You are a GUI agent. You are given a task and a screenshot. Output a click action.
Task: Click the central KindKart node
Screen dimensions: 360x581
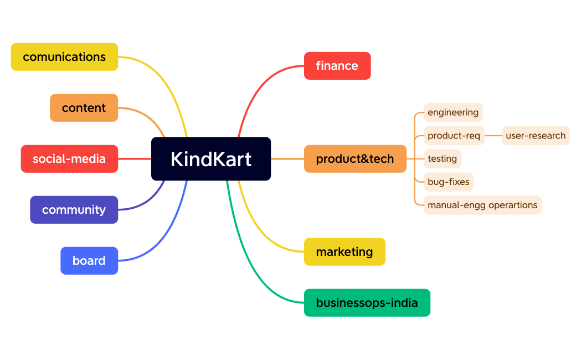tap(211, 159)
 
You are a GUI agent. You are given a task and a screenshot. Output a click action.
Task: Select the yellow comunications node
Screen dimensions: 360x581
tap(64, 57)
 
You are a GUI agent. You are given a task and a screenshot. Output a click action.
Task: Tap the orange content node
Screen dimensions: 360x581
tap(84, 108)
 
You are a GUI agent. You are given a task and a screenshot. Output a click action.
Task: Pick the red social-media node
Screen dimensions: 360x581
tap(69, 159)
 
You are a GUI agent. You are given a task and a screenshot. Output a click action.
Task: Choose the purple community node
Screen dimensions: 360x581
tap(74, 210)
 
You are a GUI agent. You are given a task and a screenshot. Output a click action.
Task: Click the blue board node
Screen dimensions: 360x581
tap(89, 261)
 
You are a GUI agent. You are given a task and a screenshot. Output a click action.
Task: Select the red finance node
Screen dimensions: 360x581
tap(337, 66)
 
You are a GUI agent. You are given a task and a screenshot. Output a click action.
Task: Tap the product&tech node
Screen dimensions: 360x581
tap(355, 159)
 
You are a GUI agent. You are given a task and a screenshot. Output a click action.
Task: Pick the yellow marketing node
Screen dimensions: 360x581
tap(344, 252)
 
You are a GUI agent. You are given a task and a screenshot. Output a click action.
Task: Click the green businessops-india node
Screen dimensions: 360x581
tap(367, 303)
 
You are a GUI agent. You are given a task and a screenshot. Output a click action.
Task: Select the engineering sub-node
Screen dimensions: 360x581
tap(453, 112)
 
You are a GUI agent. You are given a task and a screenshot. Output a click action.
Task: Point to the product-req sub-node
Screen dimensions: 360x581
tap(454, 136)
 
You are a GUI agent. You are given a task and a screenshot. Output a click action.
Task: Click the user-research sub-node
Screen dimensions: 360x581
tap(535, 136)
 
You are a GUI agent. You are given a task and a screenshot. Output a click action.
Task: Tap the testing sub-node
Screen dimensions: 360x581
tap(442, 159)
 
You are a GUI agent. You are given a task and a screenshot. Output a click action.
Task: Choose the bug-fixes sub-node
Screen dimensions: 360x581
tap(448, 182)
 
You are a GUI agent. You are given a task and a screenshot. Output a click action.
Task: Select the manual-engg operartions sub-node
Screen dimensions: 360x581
tap(482, 205)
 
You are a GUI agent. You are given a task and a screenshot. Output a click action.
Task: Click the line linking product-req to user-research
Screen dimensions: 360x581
tap(493, 136)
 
